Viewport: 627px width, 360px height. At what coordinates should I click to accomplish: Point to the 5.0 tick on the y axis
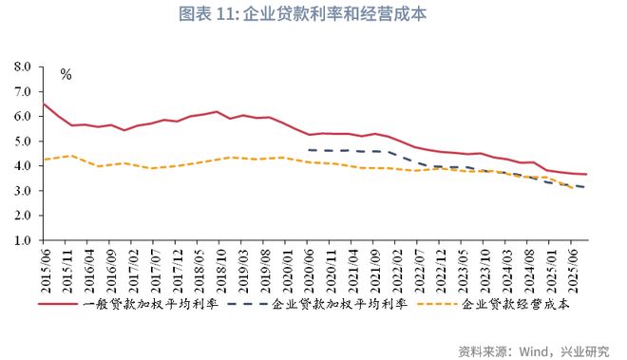[x=23, y=142]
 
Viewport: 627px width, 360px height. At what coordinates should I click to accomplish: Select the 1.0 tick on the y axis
[x=23, y=240]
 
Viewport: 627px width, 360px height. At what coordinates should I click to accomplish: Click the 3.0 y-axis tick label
[x=23, y=191]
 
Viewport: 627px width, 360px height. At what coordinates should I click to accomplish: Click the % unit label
[x=66, y=74]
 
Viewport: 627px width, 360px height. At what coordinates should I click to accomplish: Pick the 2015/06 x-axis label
[x=45, y=269]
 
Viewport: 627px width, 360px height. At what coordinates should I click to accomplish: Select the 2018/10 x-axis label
[x=218, y=269]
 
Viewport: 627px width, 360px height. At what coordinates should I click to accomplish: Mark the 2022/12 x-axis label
[x=440, y=269]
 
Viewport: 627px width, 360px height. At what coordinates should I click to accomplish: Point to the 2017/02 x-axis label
[x=131, y=269]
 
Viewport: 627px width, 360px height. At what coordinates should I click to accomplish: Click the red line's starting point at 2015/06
[x=44, y=104]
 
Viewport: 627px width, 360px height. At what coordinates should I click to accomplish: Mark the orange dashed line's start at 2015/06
[x=44, y=159]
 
